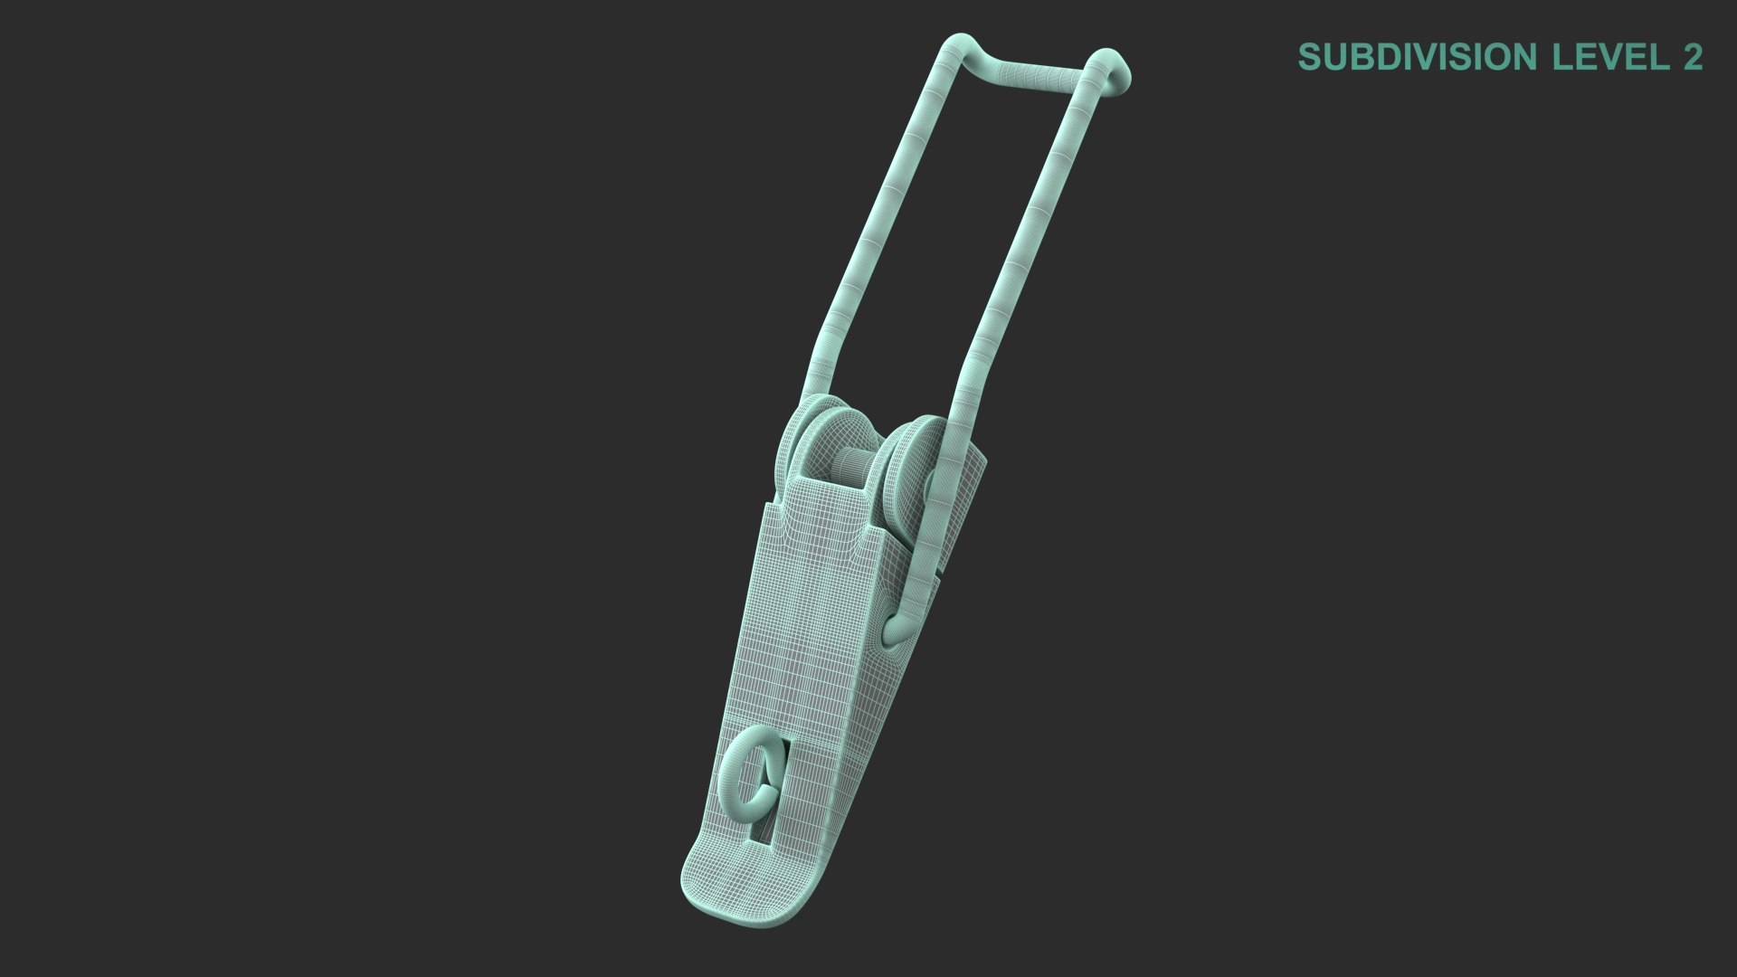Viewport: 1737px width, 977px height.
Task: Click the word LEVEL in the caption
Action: (1609, 57)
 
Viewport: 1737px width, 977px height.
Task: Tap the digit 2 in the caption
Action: (1692, 57)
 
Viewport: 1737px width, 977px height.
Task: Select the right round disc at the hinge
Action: (909, 470)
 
